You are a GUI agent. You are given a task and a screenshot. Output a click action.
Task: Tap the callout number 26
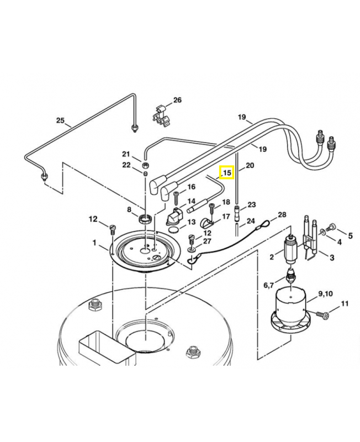pos(177,100)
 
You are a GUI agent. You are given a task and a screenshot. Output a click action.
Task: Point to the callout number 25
pos(60,120)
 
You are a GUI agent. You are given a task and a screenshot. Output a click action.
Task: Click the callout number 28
pos(282,214)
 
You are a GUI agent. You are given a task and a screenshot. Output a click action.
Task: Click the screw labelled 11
pos(324,314)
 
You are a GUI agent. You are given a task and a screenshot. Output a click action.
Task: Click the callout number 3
pos(332,257)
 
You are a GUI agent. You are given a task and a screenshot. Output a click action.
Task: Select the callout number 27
pos(207,241)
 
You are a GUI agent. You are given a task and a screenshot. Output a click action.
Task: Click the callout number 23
pos(251,204)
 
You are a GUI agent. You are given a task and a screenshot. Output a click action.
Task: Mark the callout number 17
pos(226,217)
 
